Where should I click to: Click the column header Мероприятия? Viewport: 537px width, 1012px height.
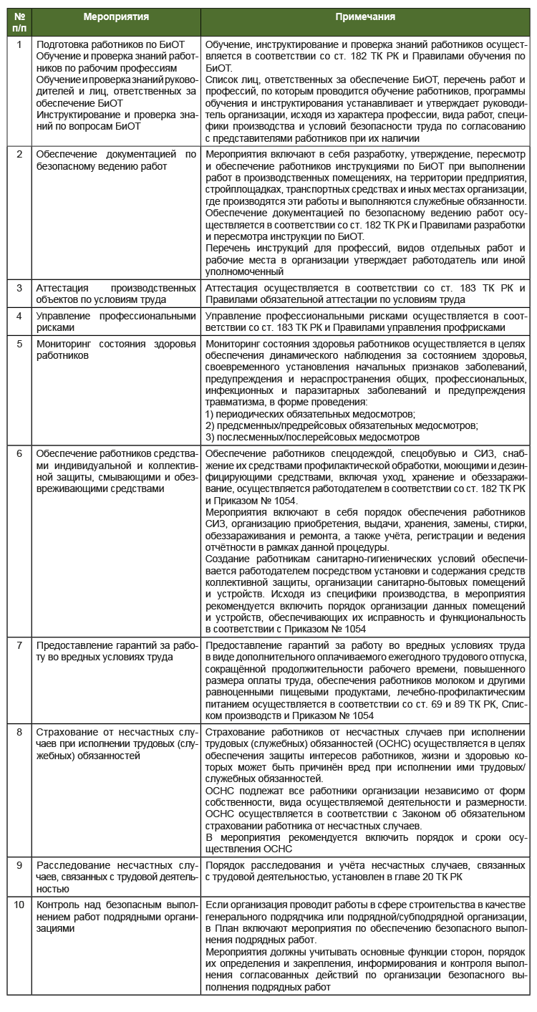pyautogui.click(x=116, y=16)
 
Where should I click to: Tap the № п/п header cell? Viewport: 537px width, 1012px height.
pyautogui.click(x=19, y=21)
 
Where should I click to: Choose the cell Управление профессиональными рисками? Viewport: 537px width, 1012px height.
pyautogui.click(x=116, y=321)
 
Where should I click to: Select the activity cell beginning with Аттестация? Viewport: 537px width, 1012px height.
pyautogui.click(x=116, y=293)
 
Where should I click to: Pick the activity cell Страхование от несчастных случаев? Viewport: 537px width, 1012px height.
pyautogui.click(x=116, y=743)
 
